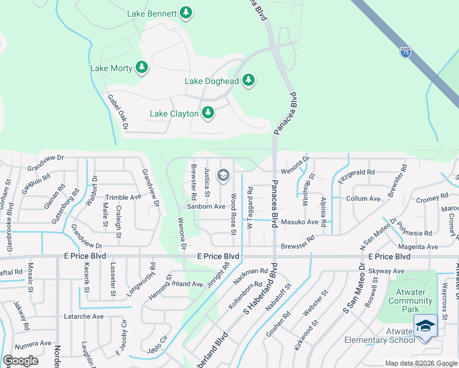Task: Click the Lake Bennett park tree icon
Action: (x=187, y=13)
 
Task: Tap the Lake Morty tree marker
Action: (x=142, y=67)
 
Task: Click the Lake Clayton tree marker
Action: (x=208, y=113)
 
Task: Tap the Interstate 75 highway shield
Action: (x=405, y=53)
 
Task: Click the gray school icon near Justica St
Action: (x=223, y=177)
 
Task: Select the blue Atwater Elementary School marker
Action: (x=425, y=327)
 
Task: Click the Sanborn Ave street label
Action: (x=207, y=207)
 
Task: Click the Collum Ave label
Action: (x=363, y=199)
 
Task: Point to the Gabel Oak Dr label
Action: (x=117, y=112)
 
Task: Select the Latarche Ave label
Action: (x=84, y=316)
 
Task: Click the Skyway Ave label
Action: (x=390, y=270)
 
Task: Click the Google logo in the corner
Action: (x=20, y=361)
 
